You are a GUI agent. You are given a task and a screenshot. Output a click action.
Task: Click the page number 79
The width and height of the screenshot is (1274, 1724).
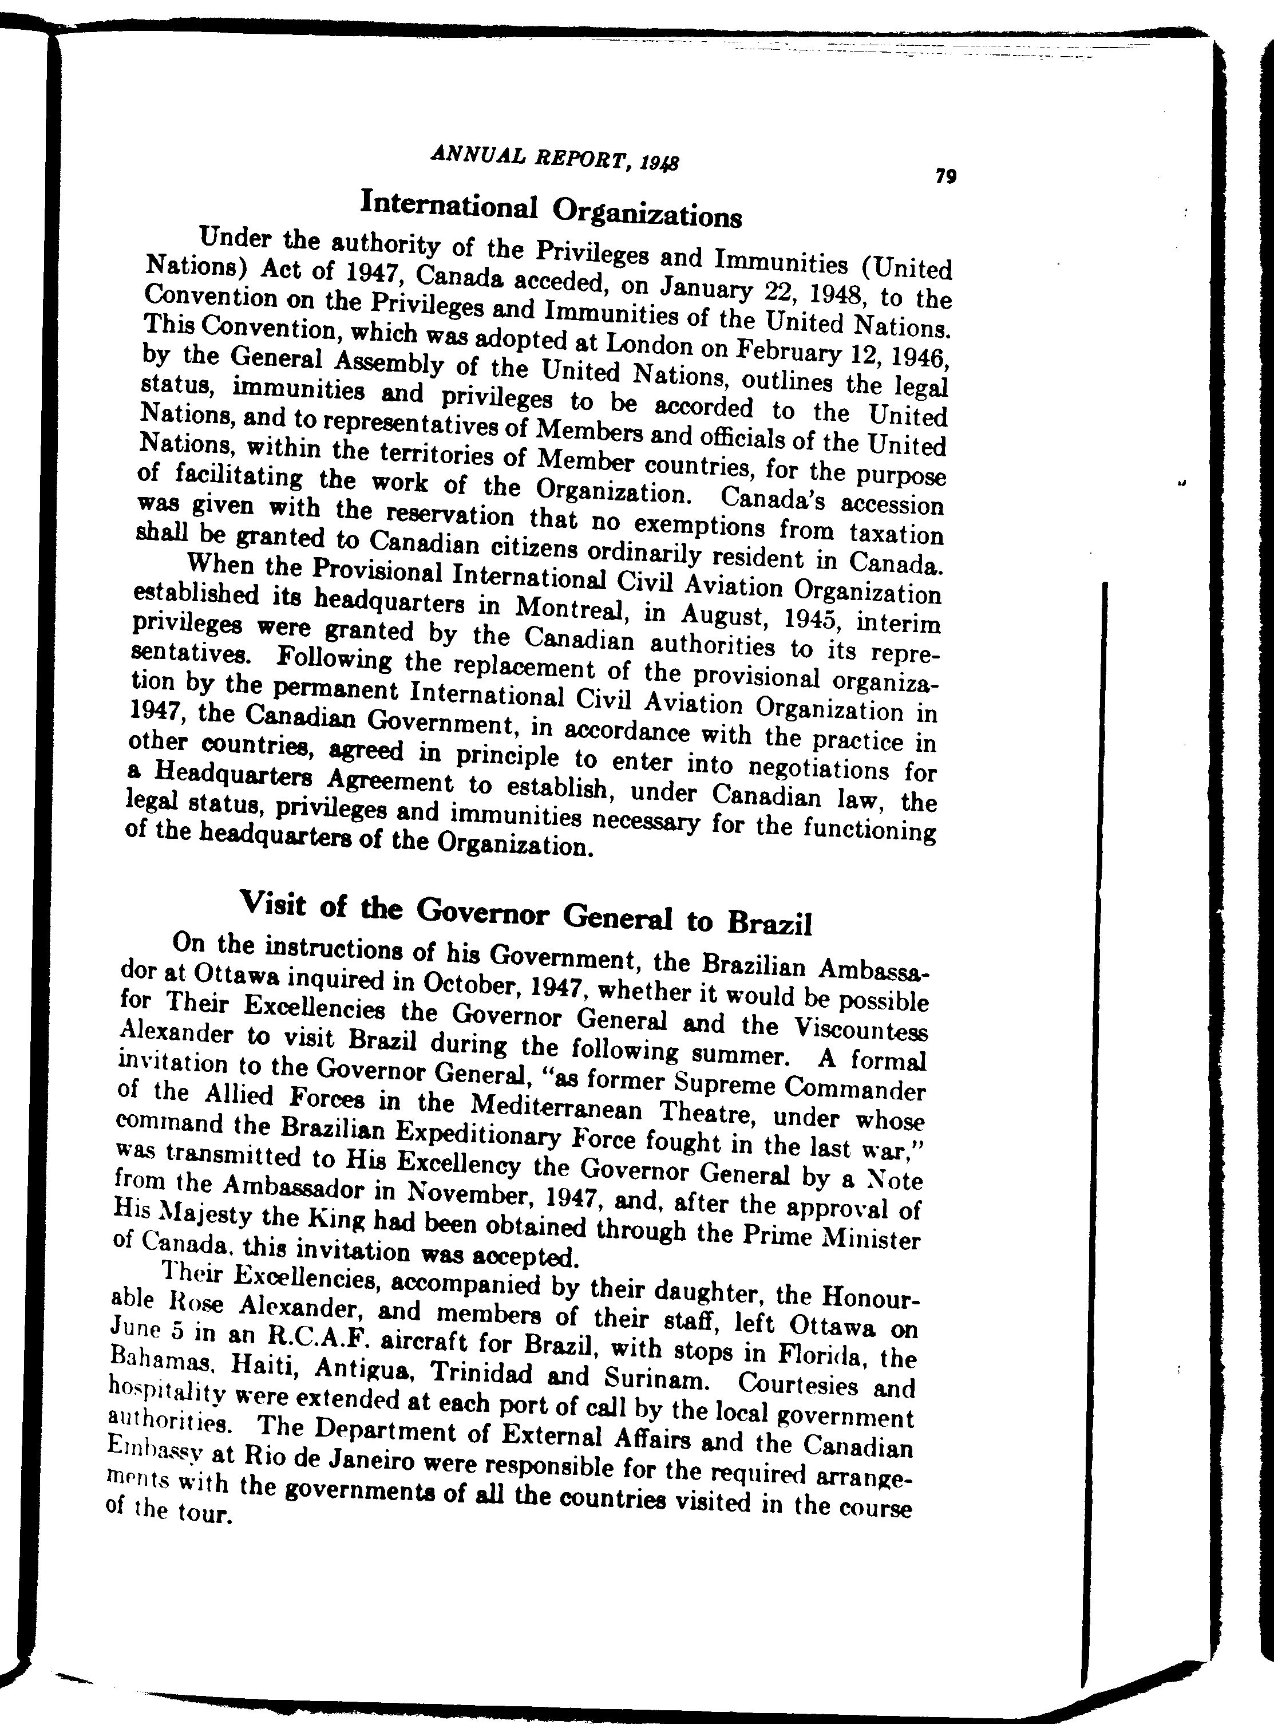[945, 177]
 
